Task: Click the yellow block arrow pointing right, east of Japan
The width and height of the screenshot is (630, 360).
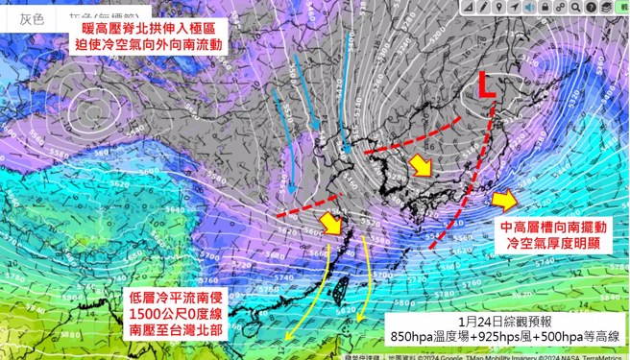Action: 503,200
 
